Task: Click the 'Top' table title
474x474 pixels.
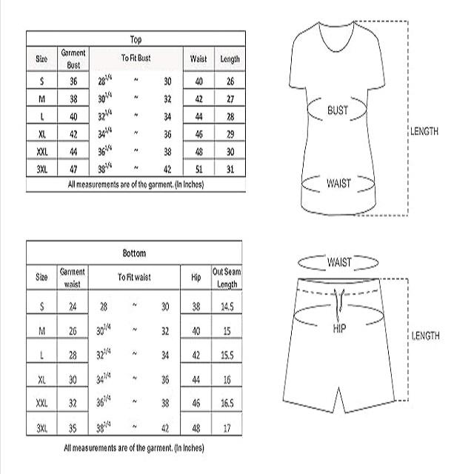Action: pyautogui.click(x=135, y=40)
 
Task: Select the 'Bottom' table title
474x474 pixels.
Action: pyautogui.click(x=134, y=253)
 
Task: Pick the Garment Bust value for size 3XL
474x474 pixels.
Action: pyautogui.click(x=73, y=170)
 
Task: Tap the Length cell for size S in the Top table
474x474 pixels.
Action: pyautogui.click(x=230, y=81)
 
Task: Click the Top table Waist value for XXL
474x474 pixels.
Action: pyautogui.click(x=199, y=153)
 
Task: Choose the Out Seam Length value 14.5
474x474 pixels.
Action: pyautogui.click(x=227, y=307)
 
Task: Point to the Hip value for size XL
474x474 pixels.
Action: pyautogui.click(x=196, y=379)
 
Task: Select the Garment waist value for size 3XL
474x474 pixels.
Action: pyautogui.click(x=73, y=428)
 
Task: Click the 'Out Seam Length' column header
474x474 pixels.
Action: pyautogui.click(x=227, y=278)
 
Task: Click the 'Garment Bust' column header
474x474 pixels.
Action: pyautogui.click(x=73, y=59)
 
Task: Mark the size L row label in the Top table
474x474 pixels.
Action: pyautogui.click(x=42, y=116)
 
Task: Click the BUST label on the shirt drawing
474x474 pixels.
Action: pyautogui.click(x=338, y=110)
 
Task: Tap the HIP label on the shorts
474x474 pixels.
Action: pyautogui.click(x=339, y=327)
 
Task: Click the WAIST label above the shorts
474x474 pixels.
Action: pyautogui.click(x=339, y=262)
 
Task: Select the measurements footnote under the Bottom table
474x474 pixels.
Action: pyautogui.click(x=134, y=448)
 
